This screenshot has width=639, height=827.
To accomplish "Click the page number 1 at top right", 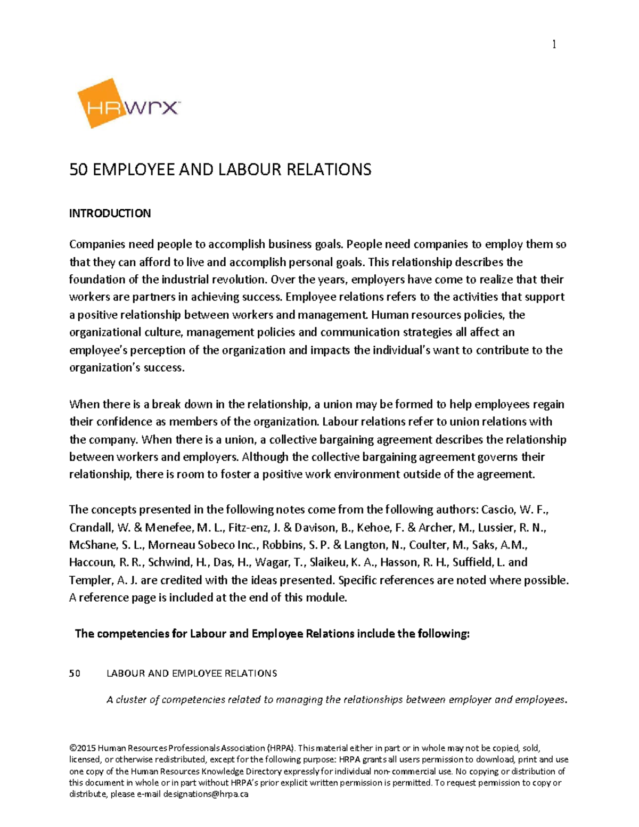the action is point(554,45).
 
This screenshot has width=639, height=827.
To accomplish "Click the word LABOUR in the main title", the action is point(242,170).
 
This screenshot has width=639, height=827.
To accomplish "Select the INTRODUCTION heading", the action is point(110,214).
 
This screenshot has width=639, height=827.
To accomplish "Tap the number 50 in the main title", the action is point(78,170).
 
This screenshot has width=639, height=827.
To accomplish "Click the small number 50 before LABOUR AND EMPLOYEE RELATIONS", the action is point(75,674).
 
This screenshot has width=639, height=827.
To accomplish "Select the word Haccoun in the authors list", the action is point(91,562).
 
